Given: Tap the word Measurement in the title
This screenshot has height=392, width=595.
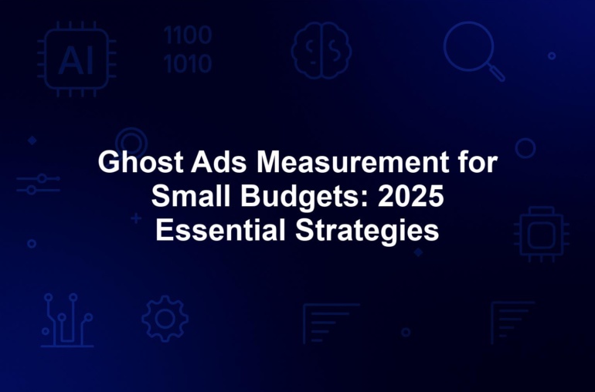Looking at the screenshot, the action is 353,162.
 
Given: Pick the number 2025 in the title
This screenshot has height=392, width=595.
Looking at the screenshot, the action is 411,196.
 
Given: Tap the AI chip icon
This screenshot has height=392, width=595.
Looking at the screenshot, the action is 76,59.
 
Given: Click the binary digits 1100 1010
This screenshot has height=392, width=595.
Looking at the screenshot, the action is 189,49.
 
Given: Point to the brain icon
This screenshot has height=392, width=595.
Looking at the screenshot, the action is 321,50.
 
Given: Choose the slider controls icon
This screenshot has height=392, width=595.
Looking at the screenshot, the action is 38,184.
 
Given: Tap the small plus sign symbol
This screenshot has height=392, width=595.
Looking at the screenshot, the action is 136,218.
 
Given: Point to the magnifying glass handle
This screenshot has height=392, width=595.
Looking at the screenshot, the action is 496,72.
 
